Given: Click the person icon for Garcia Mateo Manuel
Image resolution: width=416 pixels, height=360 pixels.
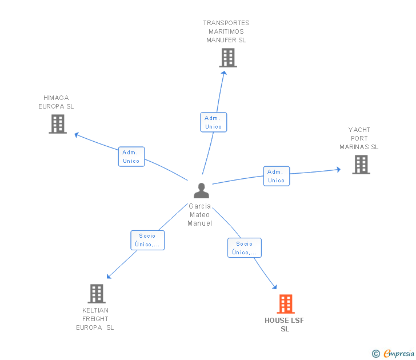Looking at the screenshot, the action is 201,190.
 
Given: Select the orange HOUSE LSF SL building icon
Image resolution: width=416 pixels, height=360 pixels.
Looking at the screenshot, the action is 286,304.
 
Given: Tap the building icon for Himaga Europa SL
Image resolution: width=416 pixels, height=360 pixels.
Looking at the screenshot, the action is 58,124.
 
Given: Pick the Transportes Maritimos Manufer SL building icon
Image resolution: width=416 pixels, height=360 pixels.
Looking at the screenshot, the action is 228,58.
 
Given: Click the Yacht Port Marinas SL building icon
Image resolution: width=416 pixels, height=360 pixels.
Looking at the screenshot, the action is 361,165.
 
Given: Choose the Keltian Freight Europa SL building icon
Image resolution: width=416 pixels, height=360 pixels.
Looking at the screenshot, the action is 97,294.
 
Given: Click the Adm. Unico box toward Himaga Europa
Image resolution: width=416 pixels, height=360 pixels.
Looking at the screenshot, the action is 131,157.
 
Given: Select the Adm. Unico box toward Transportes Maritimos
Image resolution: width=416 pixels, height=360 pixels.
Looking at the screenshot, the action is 214,122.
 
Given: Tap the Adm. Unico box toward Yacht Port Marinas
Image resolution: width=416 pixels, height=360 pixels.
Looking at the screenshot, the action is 277,176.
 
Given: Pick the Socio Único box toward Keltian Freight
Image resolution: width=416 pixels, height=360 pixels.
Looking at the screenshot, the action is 147,240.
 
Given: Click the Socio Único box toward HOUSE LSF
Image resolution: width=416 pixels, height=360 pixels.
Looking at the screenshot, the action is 245,248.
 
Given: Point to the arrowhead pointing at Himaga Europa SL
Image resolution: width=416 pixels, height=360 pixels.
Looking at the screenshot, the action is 77,135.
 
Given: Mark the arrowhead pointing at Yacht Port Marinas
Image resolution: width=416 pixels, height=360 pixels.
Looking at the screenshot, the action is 338,170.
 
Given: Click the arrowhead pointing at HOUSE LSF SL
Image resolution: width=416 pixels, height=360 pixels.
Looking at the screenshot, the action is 275,287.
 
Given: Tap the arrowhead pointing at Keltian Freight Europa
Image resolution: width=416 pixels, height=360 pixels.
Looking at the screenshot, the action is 109,277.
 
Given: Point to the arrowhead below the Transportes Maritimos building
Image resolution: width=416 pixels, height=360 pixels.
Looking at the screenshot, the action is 224,73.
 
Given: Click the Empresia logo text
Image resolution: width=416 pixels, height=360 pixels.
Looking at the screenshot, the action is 399,353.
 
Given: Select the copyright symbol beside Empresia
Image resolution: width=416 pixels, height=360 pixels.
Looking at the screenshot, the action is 376,354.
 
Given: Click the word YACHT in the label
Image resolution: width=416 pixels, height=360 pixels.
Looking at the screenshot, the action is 359,130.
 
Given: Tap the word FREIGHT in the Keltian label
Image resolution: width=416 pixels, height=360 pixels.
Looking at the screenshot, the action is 95,319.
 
